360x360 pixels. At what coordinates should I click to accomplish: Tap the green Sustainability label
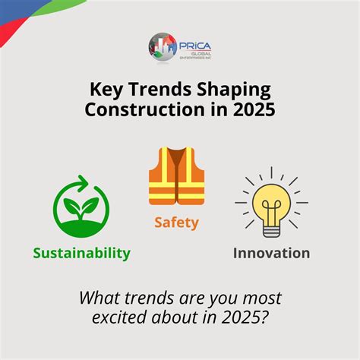(81, 252)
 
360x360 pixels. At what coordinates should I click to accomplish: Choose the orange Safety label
(176, 223)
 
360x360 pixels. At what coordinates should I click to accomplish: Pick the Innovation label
(271, 252)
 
